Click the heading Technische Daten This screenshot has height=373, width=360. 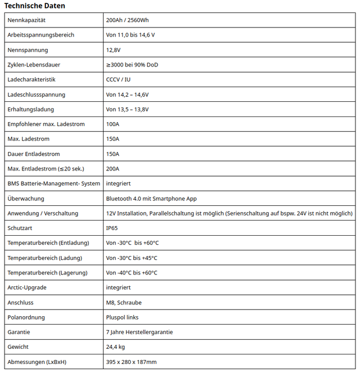34,6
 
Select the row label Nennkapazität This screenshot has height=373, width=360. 26,20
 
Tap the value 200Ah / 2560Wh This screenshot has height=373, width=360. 127,20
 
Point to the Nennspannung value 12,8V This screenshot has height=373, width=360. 114,50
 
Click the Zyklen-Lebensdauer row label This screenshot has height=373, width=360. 34,65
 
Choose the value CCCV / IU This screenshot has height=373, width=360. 118,79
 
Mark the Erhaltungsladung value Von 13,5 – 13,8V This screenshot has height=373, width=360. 127,109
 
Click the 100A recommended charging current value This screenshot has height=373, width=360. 112,124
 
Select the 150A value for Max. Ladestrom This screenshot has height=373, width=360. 112,139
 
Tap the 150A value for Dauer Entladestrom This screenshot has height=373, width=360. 112,154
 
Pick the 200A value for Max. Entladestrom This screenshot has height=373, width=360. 112,169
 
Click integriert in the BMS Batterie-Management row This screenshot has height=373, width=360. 118,183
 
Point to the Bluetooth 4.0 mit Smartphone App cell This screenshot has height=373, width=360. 151,199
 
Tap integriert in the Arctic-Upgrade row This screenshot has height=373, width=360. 118,287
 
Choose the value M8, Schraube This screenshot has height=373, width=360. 124,303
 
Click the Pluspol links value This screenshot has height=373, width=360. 122,317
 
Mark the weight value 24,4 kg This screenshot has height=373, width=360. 115,347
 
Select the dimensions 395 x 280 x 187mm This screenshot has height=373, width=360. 131,362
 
